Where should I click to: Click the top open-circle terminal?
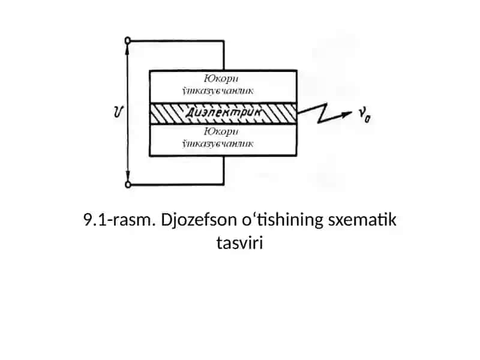(128, 40)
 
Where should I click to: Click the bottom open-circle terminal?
(128, 184)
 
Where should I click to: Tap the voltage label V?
(118, 112)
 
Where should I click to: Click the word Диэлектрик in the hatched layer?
(224, 113)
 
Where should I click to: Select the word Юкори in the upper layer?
(221, 79)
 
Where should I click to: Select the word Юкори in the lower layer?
(221, 131)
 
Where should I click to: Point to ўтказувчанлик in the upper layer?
(218, 91)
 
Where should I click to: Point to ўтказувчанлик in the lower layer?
(218, 143)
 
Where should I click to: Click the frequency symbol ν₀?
(365, 115)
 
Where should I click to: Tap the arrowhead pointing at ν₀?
(347, 115)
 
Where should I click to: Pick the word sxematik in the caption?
(362, 220)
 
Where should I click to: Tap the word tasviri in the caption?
(239, 244)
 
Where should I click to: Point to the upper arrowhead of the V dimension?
(128, 50)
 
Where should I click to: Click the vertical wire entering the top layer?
(224, 55)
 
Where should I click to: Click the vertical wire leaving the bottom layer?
(224, 170)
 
